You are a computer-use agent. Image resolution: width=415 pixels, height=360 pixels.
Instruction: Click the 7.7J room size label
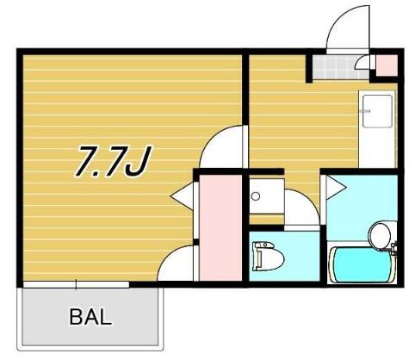pyautogui.click(x=113, y=162)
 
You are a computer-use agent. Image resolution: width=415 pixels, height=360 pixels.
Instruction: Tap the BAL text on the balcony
pyautogui.click(x=90, y=317)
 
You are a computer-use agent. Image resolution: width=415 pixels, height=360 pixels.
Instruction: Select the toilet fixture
pyautogui.click(x=268, y=256)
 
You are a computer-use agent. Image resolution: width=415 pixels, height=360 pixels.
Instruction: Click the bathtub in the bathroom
pyautogui.click(x=361, y=265)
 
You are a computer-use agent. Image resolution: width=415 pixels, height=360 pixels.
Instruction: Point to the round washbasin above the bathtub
pyautogui.click(x=380, y=235)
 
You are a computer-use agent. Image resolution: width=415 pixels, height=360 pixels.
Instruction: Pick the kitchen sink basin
pyautogui.click(x=377, y=111)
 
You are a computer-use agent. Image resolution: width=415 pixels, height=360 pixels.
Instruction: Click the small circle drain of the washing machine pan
pyautogui.click(x=255, y=196)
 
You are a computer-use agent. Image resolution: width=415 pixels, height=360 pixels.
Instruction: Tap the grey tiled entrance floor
pyautogui.click(x=340, y=67)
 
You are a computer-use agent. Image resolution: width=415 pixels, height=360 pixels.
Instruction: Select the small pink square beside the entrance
pyautogui.click(x=387, y=65)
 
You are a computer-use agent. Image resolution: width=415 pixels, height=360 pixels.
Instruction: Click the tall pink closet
pyautogui.click(x=220, y=227)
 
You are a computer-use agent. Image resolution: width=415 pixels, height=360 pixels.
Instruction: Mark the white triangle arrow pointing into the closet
pyautogui.click(x=182, y=196)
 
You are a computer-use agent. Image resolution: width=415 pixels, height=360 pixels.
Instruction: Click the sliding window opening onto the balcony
pyautogui.click(x=76, y=284)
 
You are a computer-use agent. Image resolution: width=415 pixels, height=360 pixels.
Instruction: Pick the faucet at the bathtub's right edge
pyautogui.click(x=393, y=249)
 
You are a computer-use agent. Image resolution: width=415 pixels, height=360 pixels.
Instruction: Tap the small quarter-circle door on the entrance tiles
pyautogui.click(x=362, y=63)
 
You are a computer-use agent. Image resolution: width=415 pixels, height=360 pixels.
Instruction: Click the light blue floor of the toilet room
pyautogui.click(x=284, y=256)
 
